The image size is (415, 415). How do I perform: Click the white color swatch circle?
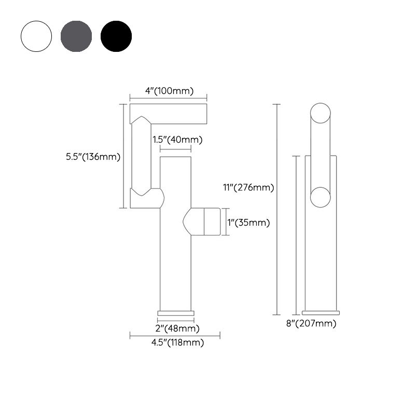coord(36,36)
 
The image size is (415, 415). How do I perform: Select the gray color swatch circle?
coord(76,36)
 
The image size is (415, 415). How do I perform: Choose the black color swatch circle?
coord(116,36)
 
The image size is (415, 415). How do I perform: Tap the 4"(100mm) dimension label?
coord(170,91)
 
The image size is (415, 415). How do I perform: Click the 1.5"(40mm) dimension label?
coord(177,140)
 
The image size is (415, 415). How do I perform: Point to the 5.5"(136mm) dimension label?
coord(93,157)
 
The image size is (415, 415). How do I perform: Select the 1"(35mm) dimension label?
coord(248,223)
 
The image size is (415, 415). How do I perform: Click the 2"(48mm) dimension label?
coord(177,328)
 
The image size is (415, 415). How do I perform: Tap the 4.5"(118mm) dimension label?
coord(177,342)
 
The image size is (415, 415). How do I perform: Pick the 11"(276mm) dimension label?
coord(248,188)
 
